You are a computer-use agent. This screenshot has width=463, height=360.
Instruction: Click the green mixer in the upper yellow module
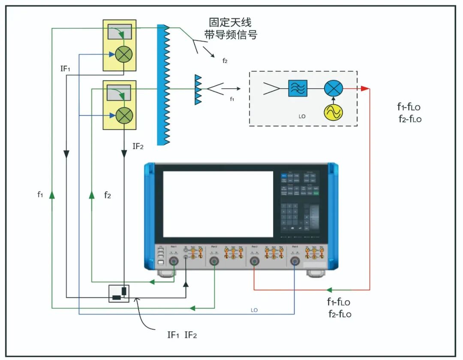(x=124, y=54)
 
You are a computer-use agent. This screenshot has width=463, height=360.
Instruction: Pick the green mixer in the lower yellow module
(x=124, y=115)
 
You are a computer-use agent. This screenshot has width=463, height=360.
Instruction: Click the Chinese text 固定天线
(x=230, y=22)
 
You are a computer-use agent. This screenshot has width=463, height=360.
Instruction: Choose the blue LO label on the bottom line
(x=254, y=310)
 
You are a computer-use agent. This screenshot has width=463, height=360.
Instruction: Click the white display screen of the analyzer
(x=218, y=204)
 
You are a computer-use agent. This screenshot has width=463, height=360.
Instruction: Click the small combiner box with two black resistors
(x=119, y=294)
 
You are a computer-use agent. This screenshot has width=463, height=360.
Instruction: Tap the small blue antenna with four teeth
(x=198, y=89)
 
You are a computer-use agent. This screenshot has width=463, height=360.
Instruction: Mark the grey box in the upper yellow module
(x=120, y=32)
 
